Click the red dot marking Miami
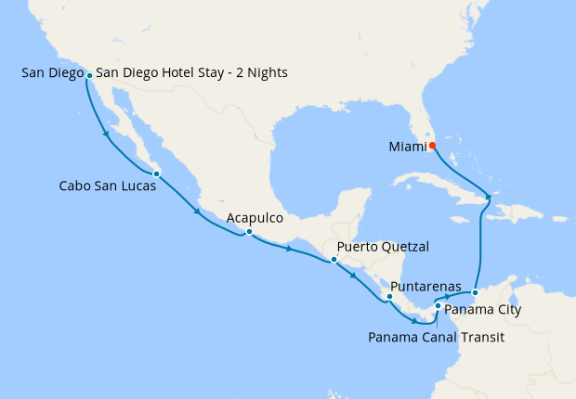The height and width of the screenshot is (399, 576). click(433, 146)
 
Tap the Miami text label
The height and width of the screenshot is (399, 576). click(407, 147)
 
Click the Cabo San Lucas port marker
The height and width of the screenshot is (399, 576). click(157, 174)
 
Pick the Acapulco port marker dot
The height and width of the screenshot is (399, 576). click(249, 232)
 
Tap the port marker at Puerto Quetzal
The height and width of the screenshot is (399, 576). click(334, 260)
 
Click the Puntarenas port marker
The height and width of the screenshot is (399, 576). click(389, 297)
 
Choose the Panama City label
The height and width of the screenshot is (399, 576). click(482, 309)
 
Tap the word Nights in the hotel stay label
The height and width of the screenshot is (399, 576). click(266, 73)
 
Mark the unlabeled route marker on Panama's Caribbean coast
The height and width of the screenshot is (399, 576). click(474, 293)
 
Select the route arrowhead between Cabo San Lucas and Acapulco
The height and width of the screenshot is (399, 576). click(198, 212)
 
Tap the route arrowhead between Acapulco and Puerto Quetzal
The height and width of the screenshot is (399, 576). click(290, 249)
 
